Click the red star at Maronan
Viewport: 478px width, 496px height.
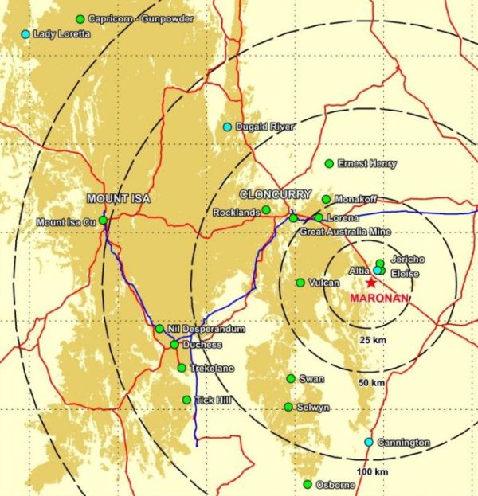(x=371, y=283)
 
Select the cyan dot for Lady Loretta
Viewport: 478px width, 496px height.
(x=25, y=34)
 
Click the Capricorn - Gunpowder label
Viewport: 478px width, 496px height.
(x=141, y=18)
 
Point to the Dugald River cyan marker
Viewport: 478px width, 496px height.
(x=227, y=127)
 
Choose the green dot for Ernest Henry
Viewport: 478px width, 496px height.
(x=329, y=163)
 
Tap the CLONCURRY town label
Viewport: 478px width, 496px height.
(x=269, y=194)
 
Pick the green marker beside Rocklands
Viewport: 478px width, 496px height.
(x=266, y=210)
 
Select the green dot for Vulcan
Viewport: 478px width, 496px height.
(x=300, y=283)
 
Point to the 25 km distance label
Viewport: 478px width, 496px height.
(x=368, y=340)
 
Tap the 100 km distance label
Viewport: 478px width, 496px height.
(x=369, y=473)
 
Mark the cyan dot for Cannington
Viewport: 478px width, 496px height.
(x=369, y=442)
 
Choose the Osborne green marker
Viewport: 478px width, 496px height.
(x=308, y=484)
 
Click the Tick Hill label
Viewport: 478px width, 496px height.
(x=213, y=400)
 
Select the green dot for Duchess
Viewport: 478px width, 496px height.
(x=174, y=345)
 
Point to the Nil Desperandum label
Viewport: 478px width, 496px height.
(x=206, y=329)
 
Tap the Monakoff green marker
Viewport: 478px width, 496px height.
(x=326, y=199)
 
